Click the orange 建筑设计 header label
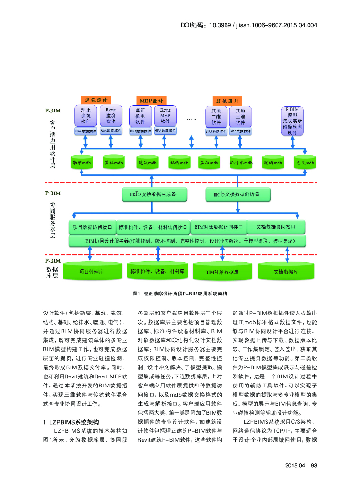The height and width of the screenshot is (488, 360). coord(96,100)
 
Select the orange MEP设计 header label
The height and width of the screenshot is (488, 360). coord(151,101)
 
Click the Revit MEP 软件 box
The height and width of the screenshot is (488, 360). coord(165,116)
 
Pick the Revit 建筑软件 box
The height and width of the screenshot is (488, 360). coord(111,116)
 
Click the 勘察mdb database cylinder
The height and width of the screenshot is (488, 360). coord(82,163)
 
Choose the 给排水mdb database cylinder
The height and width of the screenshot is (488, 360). coord(241,163)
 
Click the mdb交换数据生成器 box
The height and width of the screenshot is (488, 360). coord(154,194)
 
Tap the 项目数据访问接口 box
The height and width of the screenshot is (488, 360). coord(93,227)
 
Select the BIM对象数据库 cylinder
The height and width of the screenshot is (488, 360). coord(222,271)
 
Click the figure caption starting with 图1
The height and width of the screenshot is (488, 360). coord(180,294)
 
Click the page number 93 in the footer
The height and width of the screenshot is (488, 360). coord(314,466)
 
